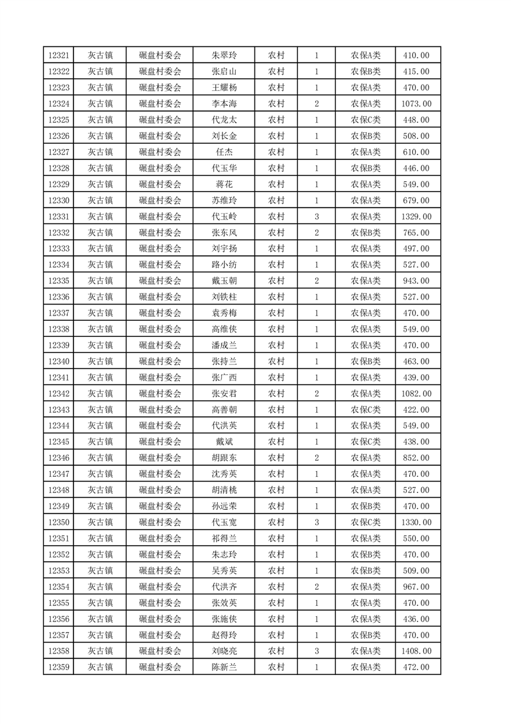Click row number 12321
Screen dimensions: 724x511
point(58,55)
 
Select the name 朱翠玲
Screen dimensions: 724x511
point(224,55)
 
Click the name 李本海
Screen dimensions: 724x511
point(224,104)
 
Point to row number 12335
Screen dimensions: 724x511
point(58,281)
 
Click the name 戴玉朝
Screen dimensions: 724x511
point(224,281)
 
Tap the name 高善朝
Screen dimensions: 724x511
point(224,410)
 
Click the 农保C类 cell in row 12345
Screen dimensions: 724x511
point(365,442)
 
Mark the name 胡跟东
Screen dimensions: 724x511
point(224,458)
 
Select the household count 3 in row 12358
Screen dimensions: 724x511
point(316,651)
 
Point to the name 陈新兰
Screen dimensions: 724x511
point(224,667)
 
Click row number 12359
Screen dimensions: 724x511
point(58,667)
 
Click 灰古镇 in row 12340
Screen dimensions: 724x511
point(101,361)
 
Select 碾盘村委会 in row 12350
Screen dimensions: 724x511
point(160,522)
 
